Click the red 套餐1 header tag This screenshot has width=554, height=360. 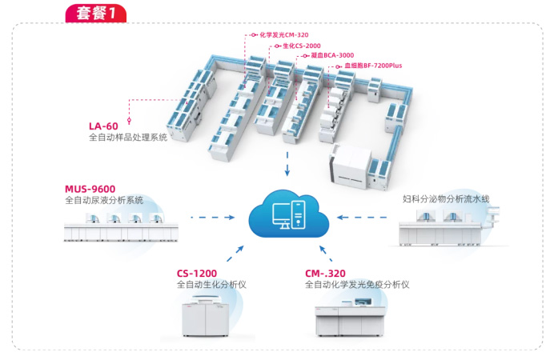click(x=95, y=14)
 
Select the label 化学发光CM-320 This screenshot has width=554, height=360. click(x=284, y=35)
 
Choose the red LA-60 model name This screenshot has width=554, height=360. click(x=104, y=126)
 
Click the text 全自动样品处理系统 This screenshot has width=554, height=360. click(x=128, y=138)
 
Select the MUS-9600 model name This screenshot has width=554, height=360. click(x=90, y=190)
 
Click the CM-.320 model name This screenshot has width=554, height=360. click(x=327, y=273)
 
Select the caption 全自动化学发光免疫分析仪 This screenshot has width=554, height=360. click(x=357, y=285)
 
